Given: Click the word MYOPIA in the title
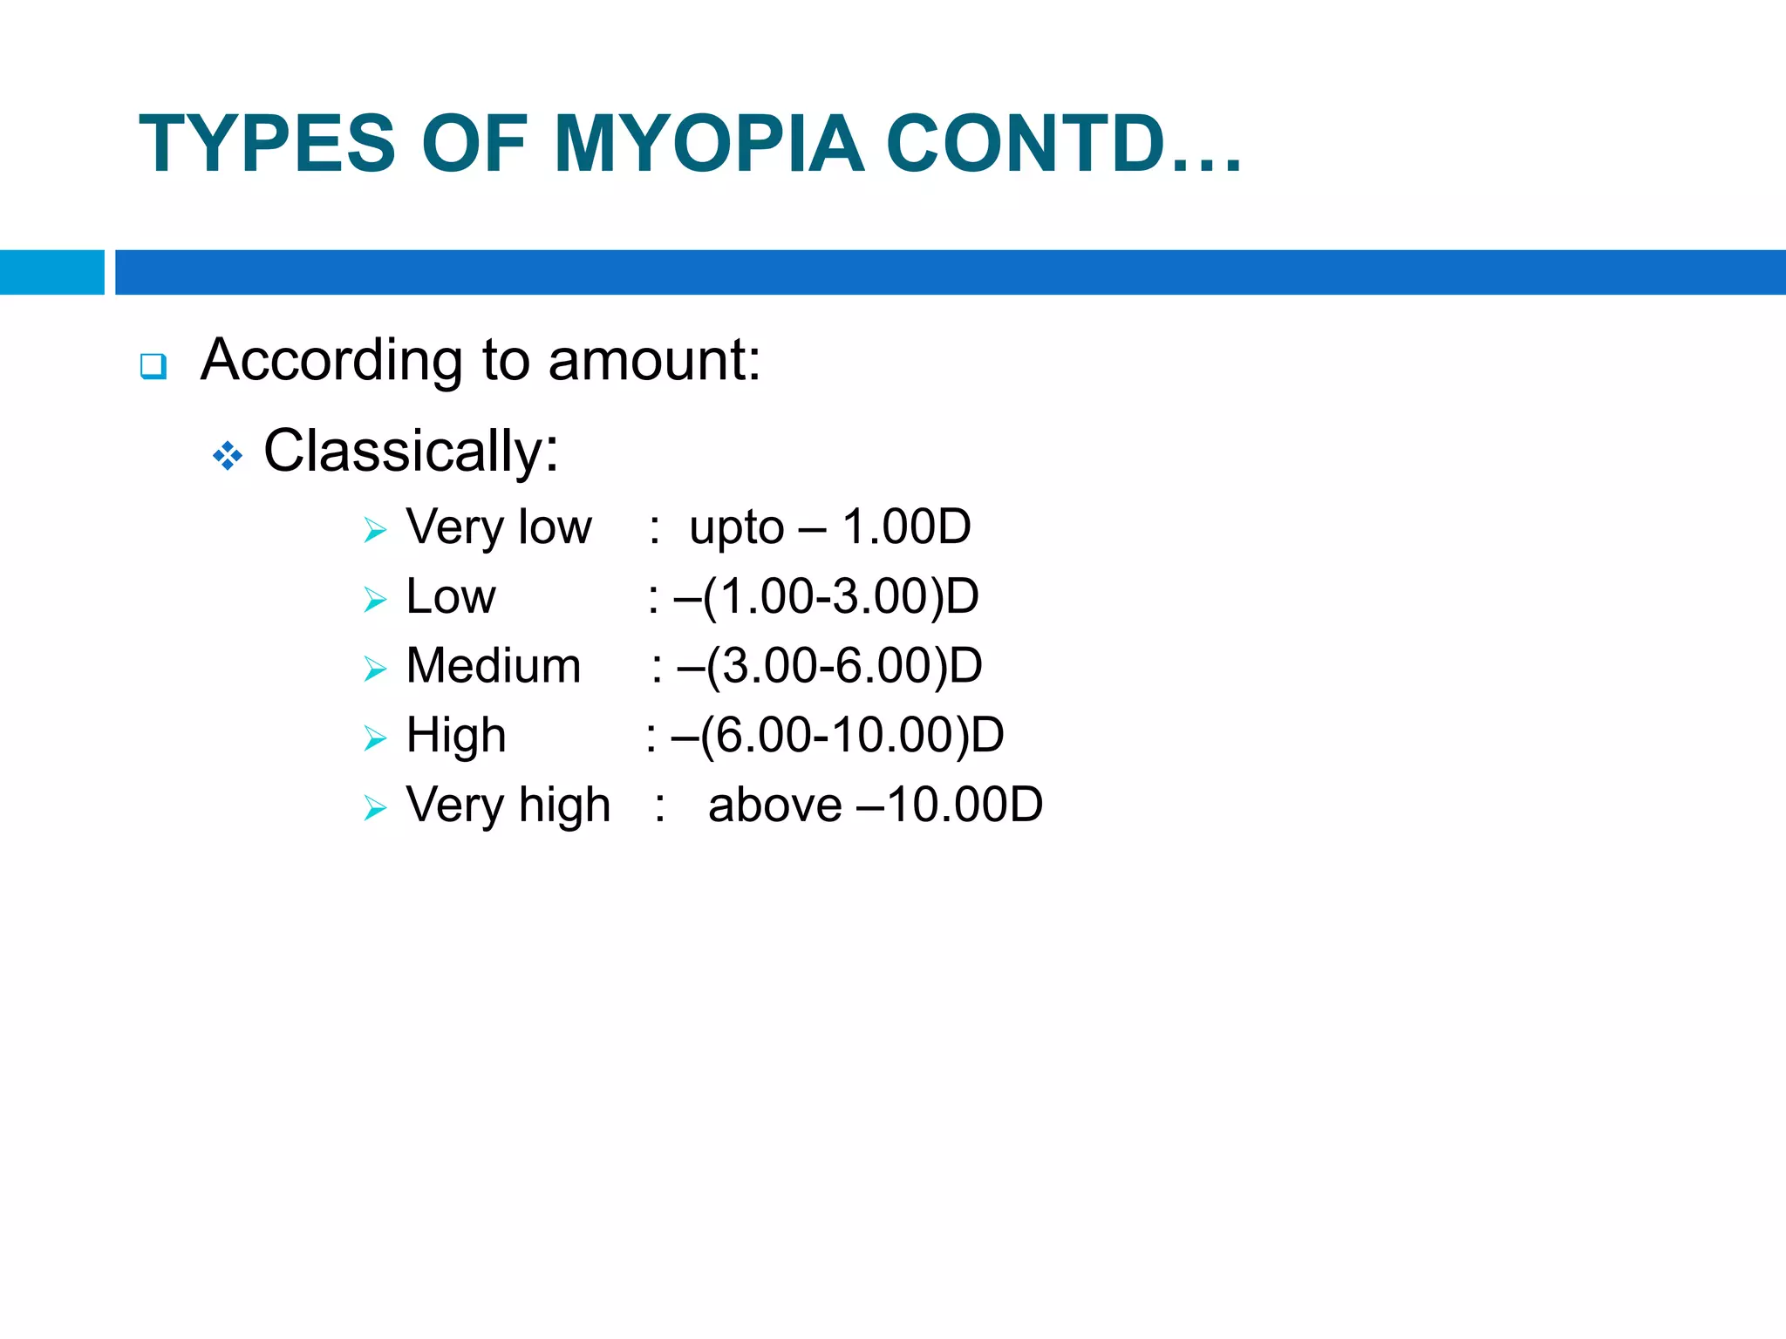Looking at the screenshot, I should [708, 144].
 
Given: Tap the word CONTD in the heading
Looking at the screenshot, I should [1026, 144].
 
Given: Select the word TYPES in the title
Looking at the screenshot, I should [267, 144].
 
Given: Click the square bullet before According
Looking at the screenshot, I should [153, 365].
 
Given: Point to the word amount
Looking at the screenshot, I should [654, 359].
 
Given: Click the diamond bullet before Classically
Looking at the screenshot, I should [228, 456].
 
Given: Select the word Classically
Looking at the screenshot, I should [410, 452].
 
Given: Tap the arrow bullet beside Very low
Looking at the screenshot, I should [375, 530].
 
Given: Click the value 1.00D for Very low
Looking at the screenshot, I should [906, 527].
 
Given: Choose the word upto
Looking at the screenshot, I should [737, 528].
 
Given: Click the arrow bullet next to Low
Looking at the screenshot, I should [375, 600].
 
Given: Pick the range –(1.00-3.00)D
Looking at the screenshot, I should [826, 597].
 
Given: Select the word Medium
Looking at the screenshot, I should [494, 666].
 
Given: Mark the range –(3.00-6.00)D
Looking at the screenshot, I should [829, 667].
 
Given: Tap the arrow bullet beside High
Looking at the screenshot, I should [375, 739].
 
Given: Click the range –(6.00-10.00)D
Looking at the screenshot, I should [837, 736].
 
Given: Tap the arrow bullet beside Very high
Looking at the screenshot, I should [375, 809].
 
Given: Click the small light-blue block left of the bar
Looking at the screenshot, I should [51, 272].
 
